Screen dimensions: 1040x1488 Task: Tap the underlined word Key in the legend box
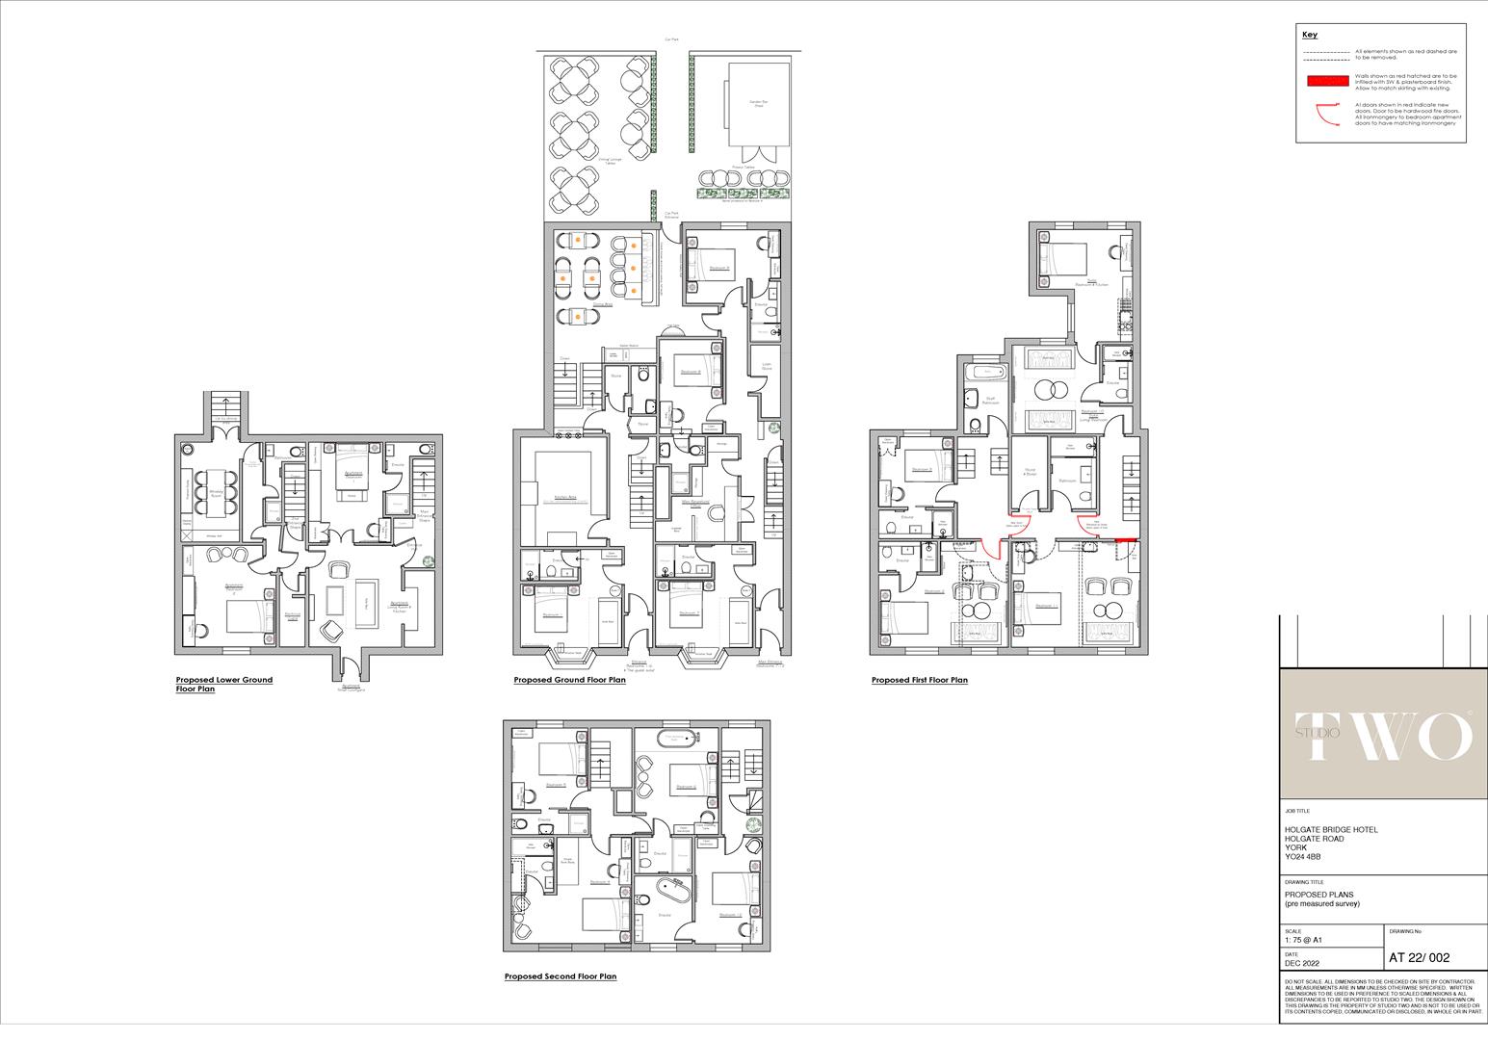[x=1309, y=35]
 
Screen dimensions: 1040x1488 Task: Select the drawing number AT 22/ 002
[x=1419, y=957]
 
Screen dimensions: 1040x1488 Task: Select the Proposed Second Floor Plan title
[x=560, y=976]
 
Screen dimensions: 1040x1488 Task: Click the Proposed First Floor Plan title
[x=919, y=680]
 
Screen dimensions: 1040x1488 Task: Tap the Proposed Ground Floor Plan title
[x=569, y=680]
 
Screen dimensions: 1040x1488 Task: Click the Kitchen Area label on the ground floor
[x=564, y=498]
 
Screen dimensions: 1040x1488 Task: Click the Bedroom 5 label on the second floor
[x=556, y=785]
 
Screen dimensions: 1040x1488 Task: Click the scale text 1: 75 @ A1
[x=1304, y=940]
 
